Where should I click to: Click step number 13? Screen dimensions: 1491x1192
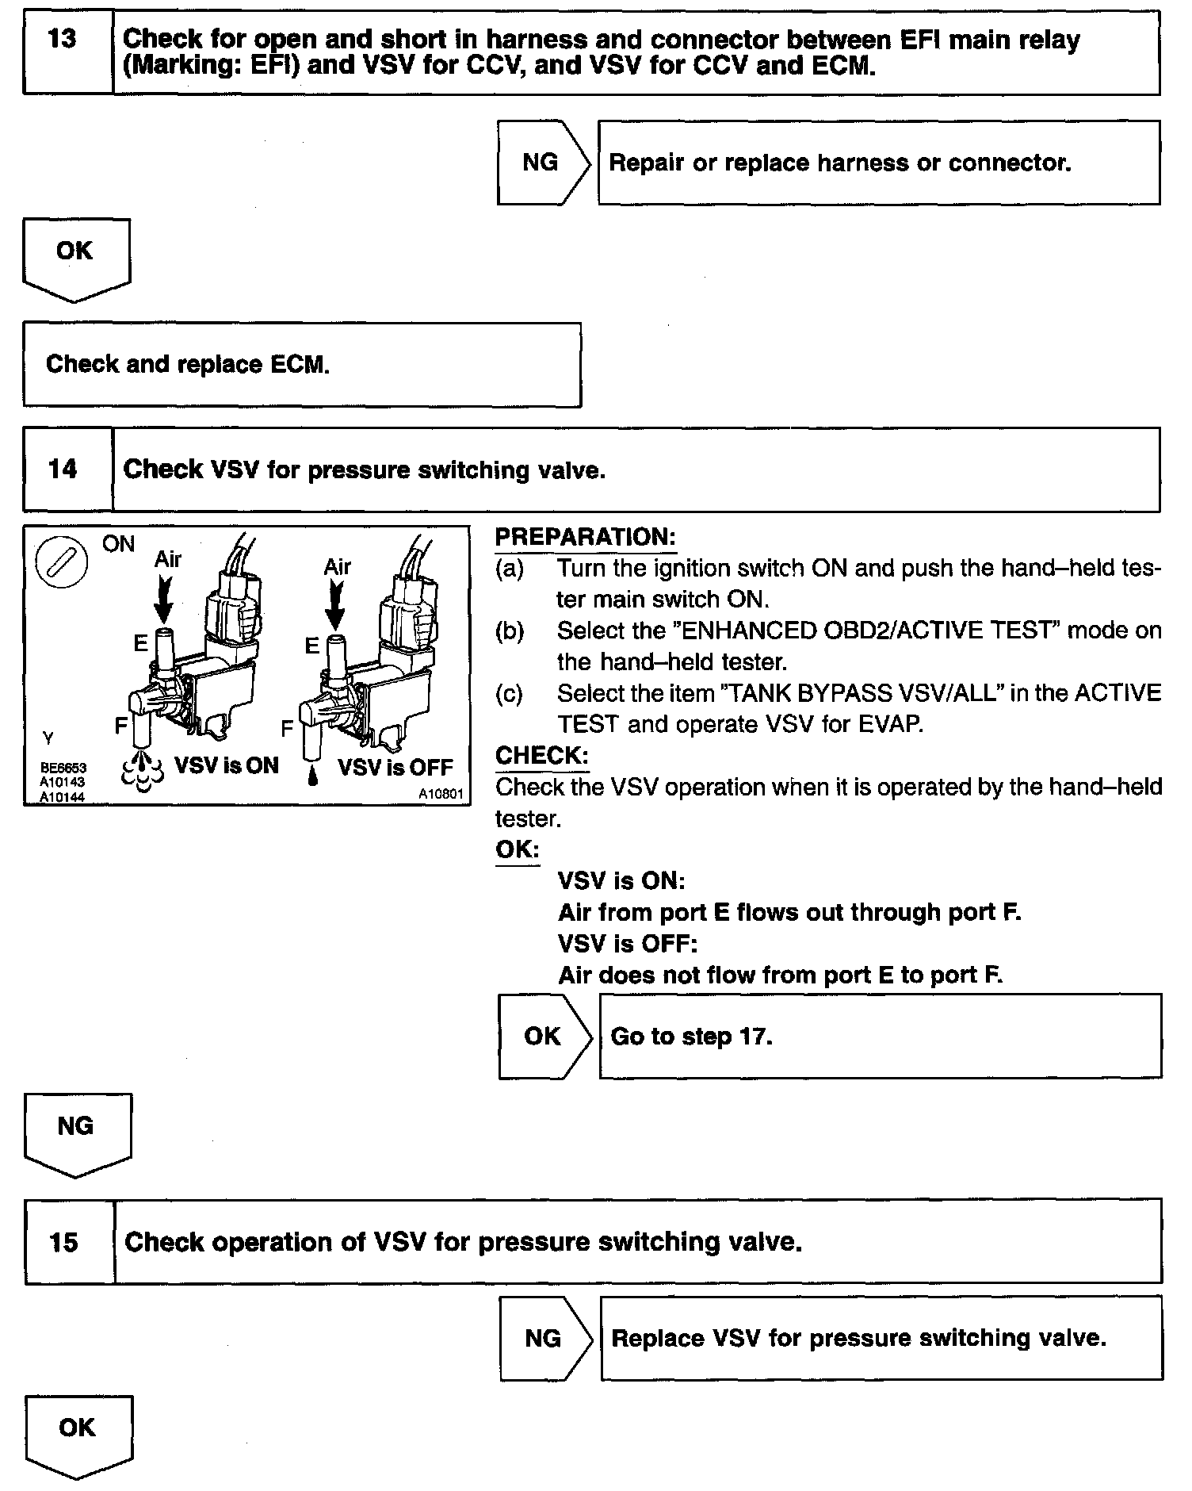(x=62, y=39)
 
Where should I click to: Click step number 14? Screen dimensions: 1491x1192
(x=63, y=469)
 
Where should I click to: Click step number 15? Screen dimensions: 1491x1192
(x=63, y=1241)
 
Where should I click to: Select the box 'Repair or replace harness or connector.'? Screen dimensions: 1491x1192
(x=878, y=163)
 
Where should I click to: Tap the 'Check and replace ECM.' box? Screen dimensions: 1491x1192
(x=301, y=365)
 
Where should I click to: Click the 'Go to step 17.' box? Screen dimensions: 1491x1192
(x=881, y=1036)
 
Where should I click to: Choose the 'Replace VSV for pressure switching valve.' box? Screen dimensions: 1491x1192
(x=881, y=1339)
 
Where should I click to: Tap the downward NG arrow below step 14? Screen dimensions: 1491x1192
(x=77, y=1133)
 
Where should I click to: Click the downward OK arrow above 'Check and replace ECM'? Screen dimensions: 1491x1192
(x=75, y=259)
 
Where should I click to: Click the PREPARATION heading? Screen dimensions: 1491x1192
(x=585, y=537)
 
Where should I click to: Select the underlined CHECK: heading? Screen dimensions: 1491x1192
(x=541, y=756)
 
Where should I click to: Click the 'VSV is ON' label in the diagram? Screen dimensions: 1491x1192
(x=226, y=765)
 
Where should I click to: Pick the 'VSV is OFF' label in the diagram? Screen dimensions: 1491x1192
(x=395, y=767)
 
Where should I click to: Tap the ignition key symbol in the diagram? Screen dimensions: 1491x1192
(x=62, y=564)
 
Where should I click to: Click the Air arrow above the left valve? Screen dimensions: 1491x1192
(x=164, y=599)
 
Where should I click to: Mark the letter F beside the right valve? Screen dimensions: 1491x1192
(x=287, y=727)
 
